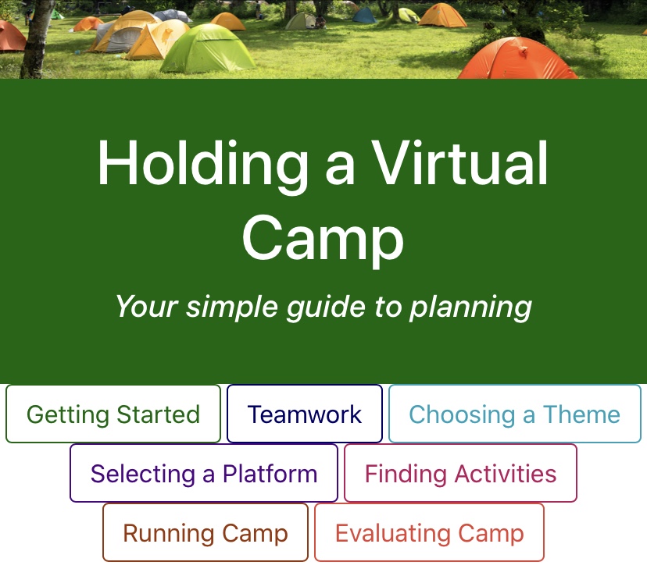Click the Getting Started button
[x=113, y=414]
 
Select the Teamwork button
[x=305, y=414]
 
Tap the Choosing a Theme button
[x=514, y=414]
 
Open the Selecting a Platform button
[x=204, y=474]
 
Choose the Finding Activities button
[x=460, y=474]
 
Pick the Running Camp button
[x=206, y=533]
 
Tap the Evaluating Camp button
[x=429, y=533]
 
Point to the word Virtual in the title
[x=459, y=164]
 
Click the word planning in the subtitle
[x=470, y=307]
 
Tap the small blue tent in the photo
[x=364, y=15]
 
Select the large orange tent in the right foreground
[x=518, y=59]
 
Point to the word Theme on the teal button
[x=581, y=414]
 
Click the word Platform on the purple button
[x=270, y=474]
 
